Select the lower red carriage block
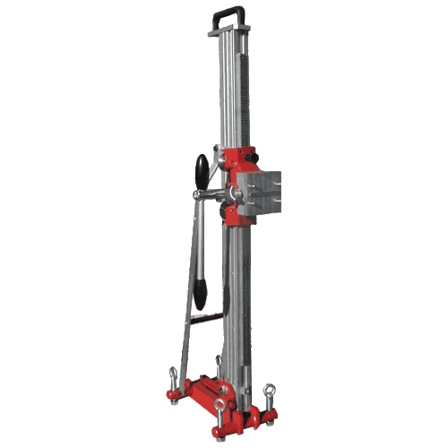pyautogui.click(x=237, y=216)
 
